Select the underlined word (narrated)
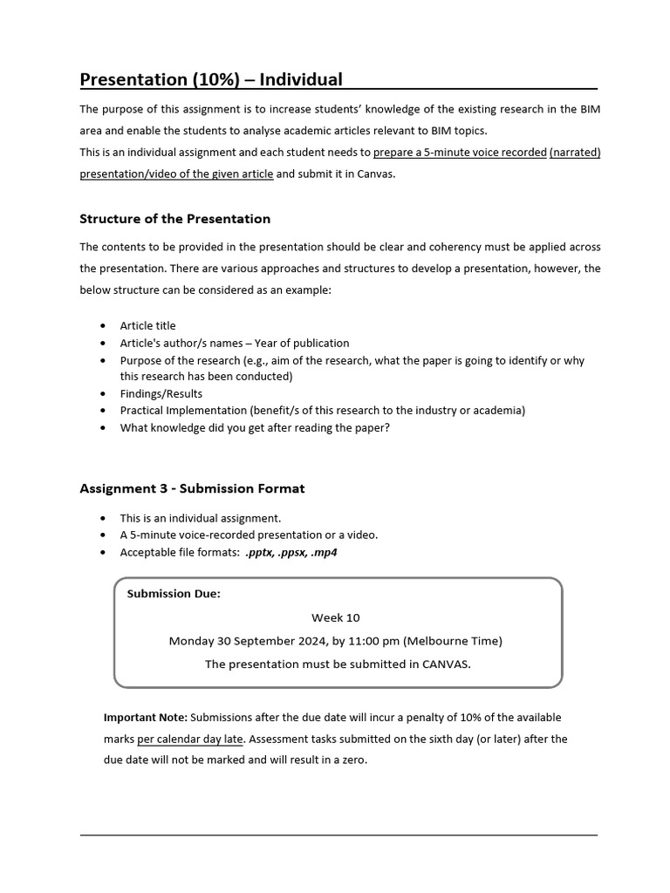point(574,153)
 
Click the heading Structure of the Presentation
point(174,219)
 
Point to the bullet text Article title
point(147,326)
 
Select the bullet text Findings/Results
point(161,393)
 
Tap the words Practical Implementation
point(183,410)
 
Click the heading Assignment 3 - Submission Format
point(192,489)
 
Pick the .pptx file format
point(260,553)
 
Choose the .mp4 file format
point(324,553)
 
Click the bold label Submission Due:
point(174,594)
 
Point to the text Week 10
point(335,617)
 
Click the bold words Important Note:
point(145,718)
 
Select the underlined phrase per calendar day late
point(190,739)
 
